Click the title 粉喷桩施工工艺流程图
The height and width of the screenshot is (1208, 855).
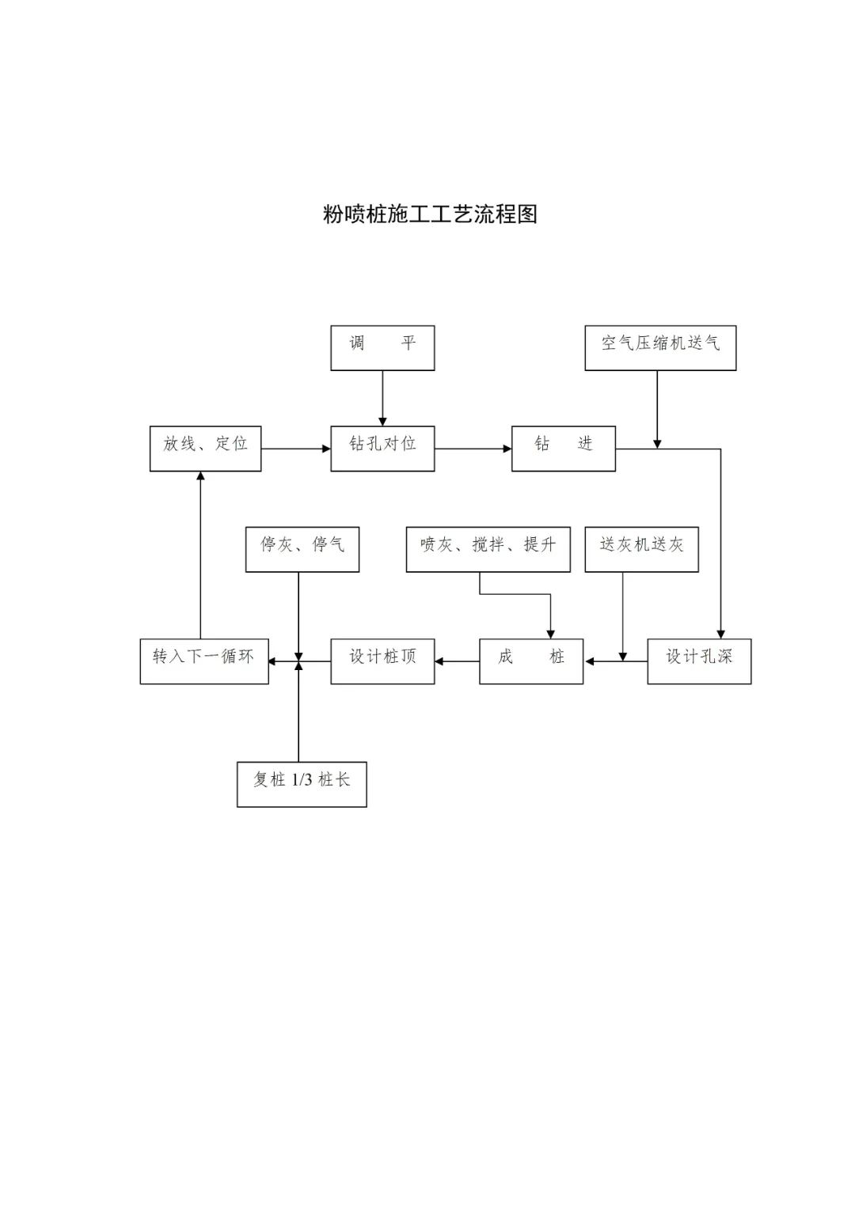pos(430,214)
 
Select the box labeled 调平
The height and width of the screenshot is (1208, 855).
pos(382,347)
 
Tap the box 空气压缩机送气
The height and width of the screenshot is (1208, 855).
pos(660,347)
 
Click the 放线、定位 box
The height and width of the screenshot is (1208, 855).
pos(205,449)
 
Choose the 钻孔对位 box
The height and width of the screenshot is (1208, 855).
pos(382,449)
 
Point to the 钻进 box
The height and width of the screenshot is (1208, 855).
pos(563,449)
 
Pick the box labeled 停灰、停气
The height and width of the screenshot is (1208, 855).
pos(302,549)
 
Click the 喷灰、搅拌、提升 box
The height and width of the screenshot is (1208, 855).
pos(488,549)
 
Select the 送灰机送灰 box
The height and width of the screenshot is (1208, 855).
pos(641,549)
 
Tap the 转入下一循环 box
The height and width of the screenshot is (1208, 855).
pos(204,661)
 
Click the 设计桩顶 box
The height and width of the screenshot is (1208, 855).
pos(382,661)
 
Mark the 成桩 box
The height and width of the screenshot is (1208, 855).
pos(531,661)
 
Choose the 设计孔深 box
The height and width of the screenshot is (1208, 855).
pos(699,661)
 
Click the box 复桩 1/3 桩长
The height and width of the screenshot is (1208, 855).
pos(302,784)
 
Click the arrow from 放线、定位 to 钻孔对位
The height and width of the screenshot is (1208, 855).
pos(295,449)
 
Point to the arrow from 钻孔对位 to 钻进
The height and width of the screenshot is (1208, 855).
pos(473,449)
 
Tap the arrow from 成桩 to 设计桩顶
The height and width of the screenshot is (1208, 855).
pos(457,661)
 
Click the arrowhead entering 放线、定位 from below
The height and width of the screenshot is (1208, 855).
pos(200,476)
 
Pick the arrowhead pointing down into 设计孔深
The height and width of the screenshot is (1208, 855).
pos(720,634)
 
